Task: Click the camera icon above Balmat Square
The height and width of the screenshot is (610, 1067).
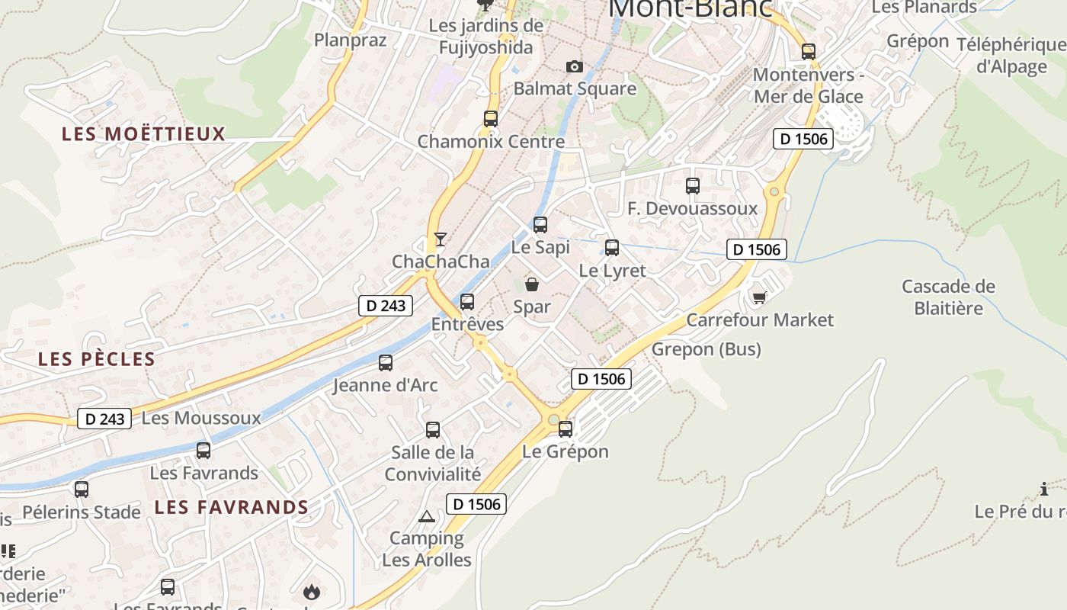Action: (575, 67)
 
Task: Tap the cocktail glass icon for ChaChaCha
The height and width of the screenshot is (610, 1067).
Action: (440, 239)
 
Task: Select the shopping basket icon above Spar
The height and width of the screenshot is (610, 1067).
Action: (532, 284)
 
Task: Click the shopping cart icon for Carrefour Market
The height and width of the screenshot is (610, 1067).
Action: (758, 297)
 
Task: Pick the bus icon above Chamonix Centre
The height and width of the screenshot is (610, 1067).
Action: (490, 119)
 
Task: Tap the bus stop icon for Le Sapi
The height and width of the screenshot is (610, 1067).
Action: (540, 225)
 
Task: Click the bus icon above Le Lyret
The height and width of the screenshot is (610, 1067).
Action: (611, 248)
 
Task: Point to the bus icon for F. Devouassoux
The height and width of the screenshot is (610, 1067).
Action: (692, 186)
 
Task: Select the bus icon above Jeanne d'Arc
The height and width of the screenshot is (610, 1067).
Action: (386, 363)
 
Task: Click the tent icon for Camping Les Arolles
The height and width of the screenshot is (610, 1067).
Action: (427, 517)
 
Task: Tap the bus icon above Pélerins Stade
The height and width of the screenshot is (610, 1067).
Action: (82, 490)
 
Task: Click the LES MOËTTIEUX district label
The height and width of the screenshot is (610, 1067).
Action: (144, 134)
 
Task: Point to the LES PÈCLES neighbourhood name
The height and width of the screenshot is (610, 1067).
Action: (97, 359)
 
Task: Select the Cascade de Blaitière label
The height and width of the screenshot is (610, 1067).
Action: (948, 297)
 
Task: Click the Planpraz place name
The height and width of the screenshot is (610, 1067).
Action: (351, 40)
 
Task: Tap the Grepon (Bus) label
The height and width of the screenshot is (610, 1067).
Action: (706, 349)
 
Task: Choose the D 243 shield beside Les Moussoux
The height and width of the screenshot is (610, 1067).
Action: (104, 419)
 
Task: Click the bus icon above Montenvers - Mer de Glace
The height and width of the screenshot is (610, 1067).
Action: (808, 52)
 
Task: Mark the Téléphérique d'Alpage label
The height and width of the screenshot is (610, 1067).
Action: (1011, 55)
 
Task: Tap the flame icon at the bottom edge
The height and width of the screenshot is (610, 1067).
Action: (311, 592)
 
